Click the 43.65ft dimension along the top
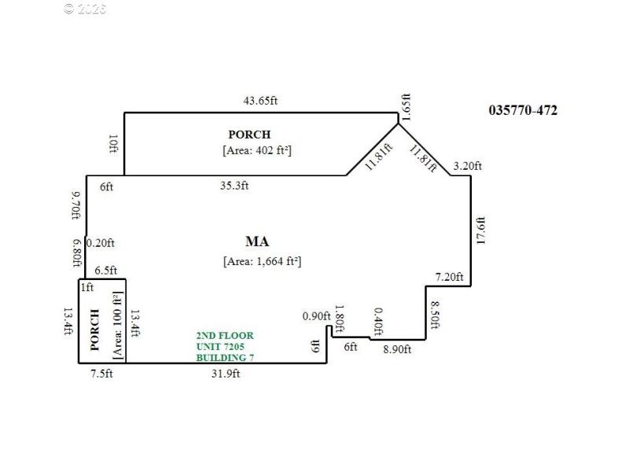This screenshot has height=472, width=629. pyautogui.click(x=261, y=101)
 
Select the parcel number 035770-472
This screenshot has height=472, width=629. pyautogui.click(x=523, y=110)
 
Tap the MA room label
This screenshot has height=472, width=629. pyautogui.click(x=257, y=241)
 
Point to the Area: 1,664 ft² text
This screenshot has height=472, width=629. pyautogui.click(x=262, y=261)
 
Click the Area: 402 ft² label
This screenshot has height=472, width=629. pyautogui.click(x=256, y=149)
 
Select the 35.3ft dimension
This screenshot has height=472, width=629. pyautogui.click(x=234, y=186)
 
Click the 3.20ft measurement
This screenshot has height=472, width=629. pyautogui.click(x=468, y=165)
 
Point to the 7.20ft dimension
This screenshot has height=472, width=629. pyautogui.click(x=450, y=277)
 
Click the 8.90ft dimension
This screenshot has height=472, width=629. pyautogui.click(x=396, y=350)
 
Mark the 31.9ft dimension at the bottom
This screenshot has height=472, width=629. pyautogui.click(x=226, y=374)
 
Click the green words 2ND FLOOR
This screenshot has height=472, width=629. pyautogui.click(x=225, y=336)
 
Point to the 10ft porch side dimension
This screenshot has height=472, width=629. pyautogui.click(x=113, y=144)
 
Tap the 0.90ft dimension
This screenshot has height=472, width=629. pyautogui.click(x=317, y=316)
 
